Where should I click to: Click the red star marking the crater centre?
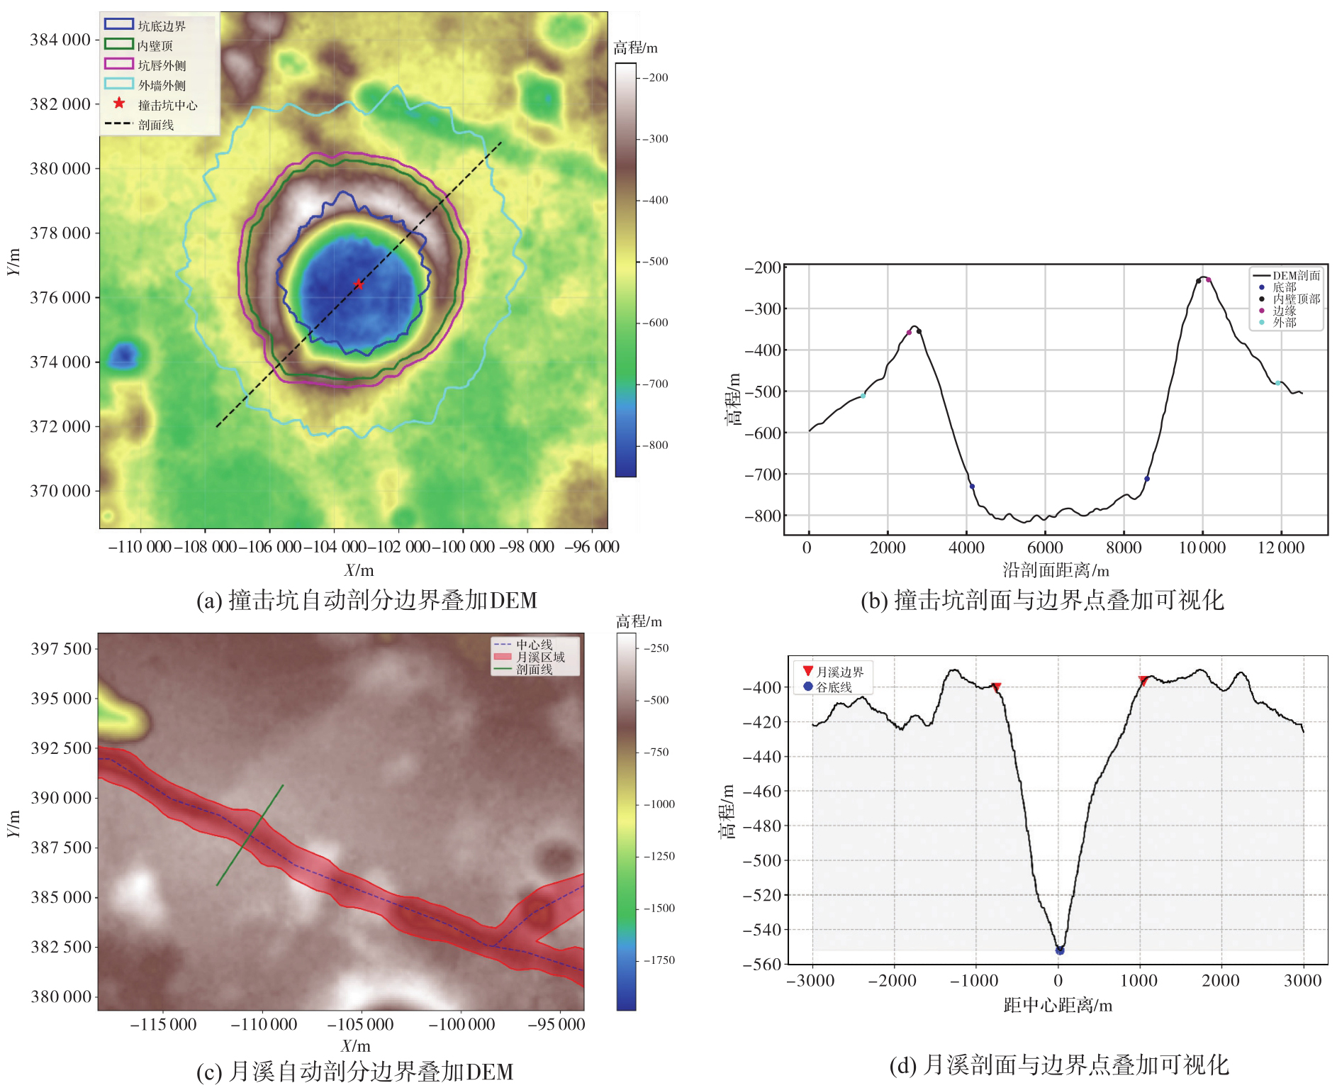[x=359, y=284]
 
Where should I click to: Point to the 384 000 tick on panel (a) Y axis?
[x=60, y=40]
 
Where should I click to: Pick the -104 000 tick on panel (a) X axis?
[x=335, y=547]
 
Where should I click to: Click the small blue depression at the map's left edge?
[x=124, y=354]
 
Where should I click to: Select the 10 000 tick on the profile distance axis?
[x=1202, y=548]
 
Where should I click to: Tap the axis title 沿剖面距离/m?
[x=1056, y=570]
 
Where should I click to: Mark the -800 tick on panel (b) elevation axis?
[x=763, y=516]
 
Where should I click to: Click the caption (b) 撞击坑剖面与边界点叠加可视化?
[x=1042, y=601]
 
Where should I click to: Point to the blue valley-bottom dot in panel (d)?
[x=1060, y=950]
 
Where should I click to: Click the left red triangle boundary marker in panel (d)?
[x=996, y=687]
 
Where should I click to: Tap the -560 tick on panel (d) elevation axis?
[x=761, y=964]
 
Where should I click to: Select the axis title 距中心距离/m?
[x=1058, y=1005]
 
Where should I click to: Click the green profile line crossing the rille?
[x=250, y=835]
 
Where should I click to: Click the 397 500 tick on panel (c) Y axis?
[x=61, y=649]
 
